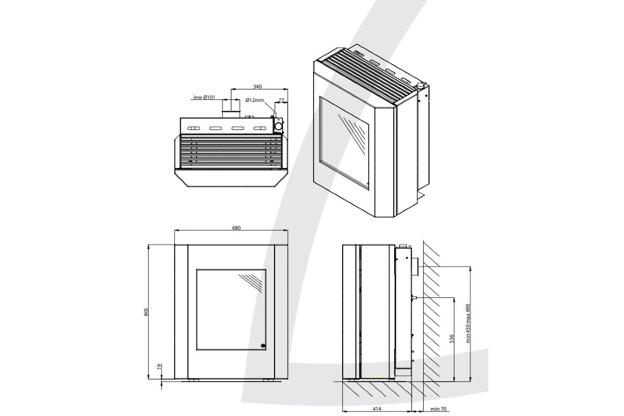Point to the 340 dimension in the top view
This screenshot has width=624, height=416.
256,86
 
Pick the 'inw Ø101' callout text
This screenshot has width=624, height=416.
204,97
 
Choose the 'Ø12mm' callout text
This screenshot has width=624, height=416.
255,100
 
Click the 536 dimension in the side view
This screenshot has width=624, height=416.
451,339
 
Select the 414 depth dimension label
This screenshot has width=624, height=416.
377,409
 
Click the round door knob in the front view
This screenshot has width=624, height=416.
263,345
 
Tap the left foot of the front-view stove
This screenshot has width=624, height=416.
193,380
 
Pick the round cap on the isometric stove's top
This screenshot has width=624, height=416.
420,85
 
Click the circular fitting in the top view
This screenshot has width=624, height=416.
279,126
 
